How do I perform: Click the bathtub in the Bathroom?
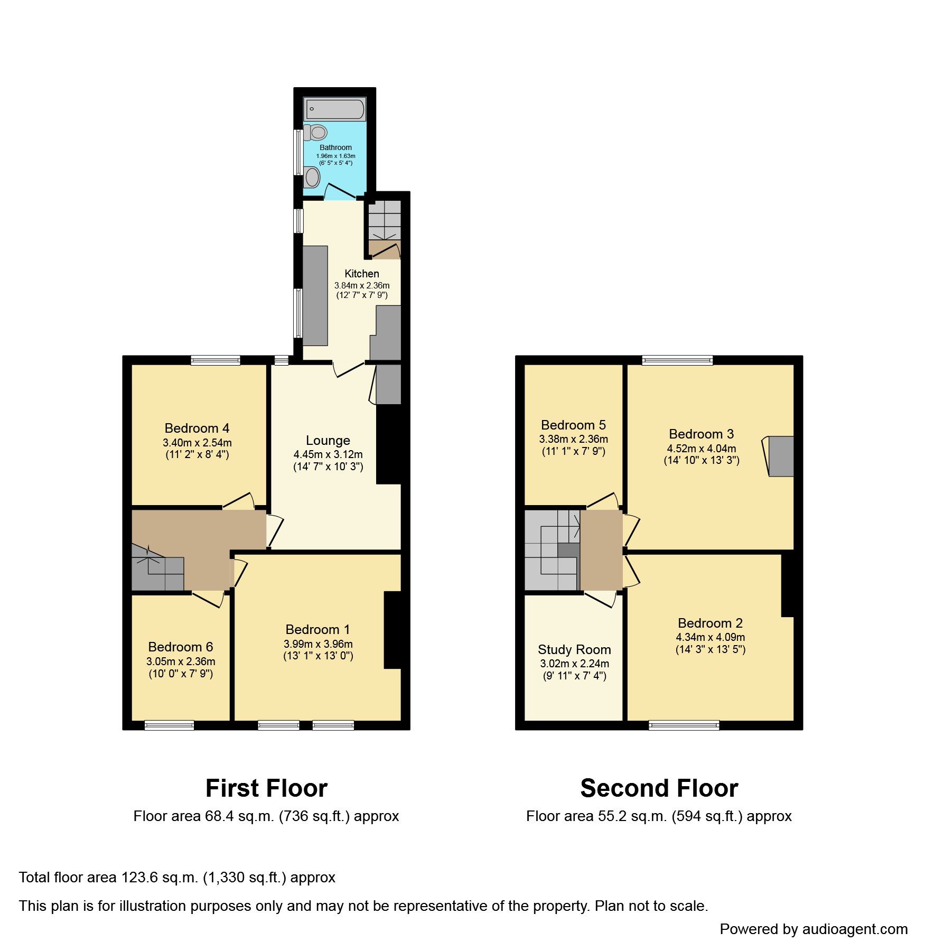(334, 109)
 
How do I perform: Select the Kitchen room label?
(361, 274)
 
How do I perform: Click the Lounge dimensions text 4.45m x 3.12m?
(328, 454)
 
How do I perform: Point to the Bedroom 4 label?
(197, 428)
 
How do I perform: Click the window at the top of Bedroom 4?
(216, 360)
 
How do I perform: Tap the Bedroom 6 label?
(180, 647)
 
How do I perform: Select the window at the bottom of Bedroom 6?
(169, 726)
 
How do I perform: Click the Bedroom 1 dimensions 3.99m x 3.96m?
(318, 644)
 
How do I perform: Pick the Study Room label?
(574, 650)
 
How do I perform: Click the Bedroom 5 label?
(573, 425)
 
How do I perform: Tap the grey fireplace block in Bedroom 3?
(781, 456)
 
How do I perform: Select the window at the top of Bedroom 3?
(677, 360)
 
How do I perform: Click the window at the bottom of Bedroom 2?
(684, 726)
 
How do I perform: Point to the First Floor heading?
(266, 788)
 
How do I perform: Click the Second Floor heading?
(659, 788)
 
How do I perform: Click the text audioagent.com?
(854, 929)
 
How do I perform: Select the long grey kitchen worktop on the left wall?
(315, 296)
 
